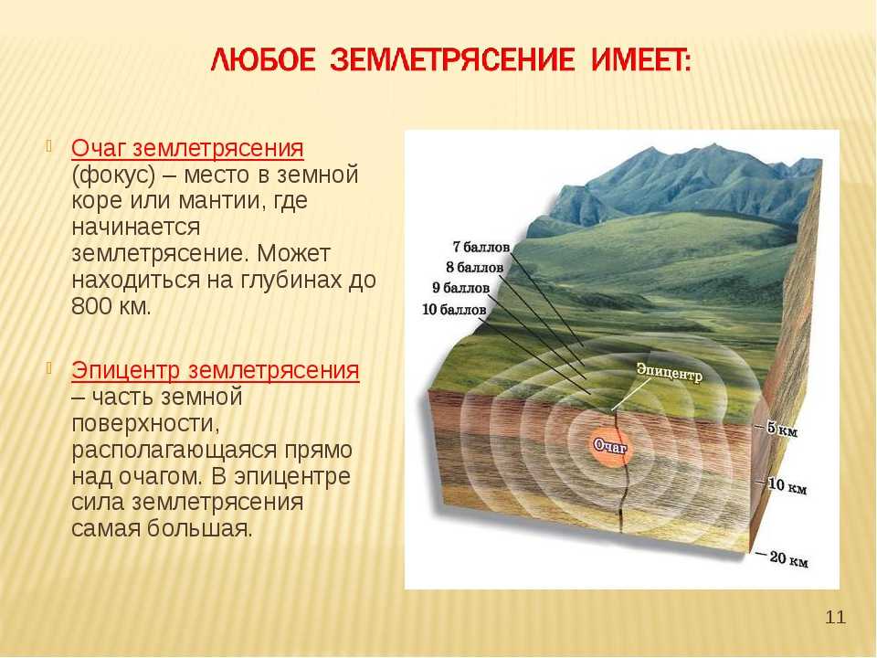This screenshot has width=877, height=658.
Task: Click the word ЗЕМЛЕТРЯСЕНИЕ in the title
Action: point(452,60)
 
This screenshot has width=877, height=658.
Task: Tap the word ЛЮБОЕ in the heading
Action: point(263,60)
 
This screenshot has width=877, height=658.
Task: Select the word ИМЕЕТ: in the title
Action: point(641,60)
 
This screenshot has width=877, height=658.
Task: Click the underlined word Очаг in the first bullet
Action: point(100,149)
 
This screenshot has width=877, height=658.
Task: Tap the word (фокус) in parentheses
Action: point(113,175)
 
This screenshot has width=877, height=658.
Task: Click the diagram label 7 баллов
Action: point(481,247)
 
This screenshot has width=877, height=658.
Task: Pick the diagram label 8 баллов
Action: point(475,268)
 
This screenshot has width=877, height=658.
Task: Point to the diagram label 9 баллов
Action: point(460,288)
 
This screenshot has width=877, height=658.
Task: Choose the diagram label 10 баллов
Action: point(454,310)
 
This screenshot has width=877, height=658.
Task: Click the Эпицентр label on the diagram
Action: point(670,372)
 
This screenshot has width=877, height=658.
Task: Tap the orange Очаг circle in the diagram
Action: point(611,446)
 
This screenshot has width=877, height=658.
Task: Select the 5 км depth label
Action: point(782,430)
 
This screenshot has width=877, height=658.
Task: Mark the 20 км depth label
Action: point(789,558)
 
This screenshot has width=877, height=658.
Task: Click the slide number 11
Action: point(836,618)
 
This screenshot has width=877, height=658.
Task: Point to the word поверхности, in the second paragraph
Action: point(145,423)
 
